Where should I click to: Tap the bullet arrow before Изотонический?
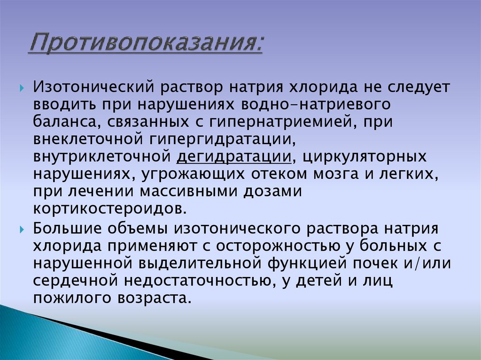[23, 88]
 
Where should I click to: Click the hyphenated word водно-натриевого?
[315, 105]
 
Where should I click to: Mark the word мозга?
[334, 174]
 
